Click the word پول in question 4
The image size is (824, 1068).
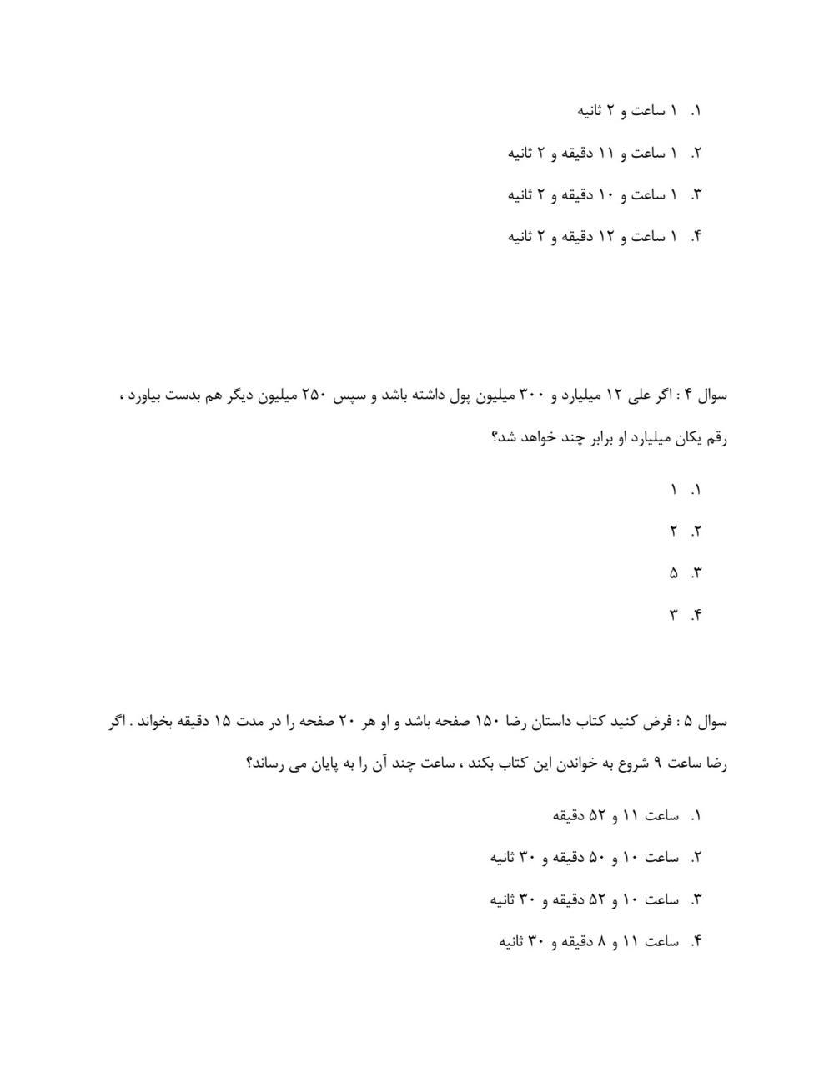tap(473, 395)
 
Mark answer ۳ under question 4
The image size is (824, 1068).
tap(672, 616)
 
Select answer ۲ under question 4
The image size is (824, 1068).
tap(672, 531)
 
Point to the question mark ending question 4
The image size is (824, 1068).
tap(495, 438)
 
